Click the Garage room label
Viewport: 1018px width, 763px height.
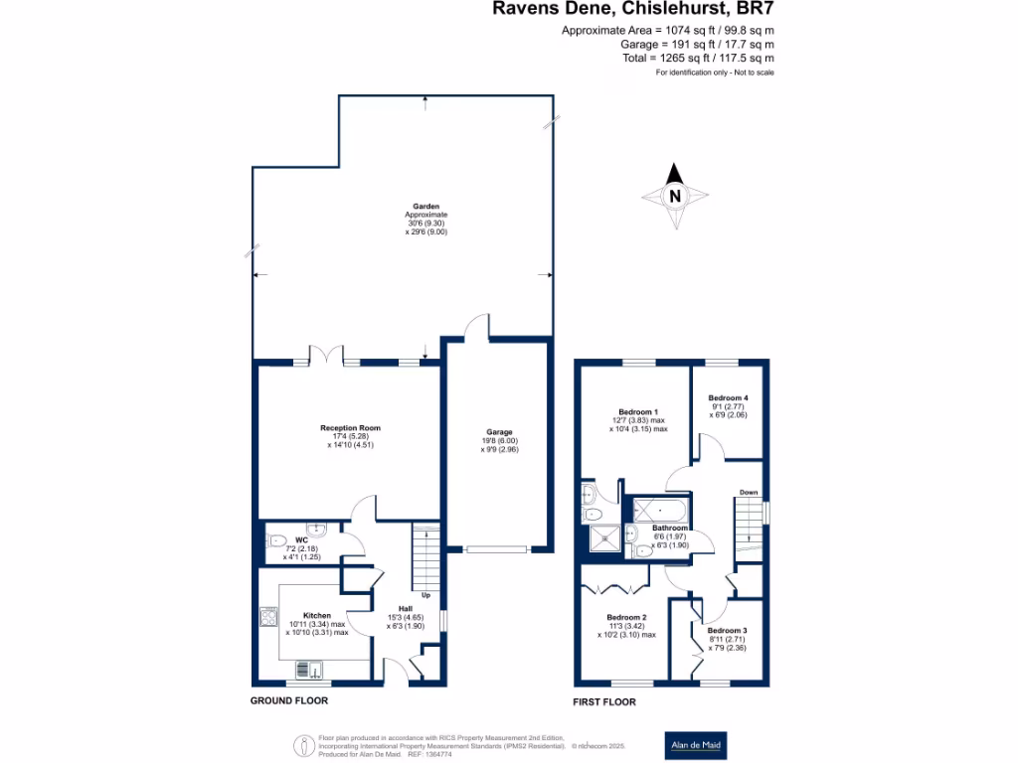tap(499, 432)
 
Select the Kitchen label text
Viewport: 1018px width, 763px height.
tap(316, 616)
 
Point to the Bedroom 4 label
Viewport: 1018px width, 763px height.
tap(728, 397)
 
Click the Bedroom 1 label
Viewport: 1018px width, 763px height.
tap(636, 411)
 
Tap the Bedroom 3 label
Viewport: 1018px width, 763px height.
tap(727, 631)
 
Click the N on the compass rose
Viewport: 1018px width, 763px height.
tap(675, 196)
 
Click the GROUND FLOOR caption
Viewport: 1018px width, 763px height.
tap(288, 700)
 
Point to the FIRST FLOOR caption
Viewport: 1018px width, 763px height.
tap(604, 701)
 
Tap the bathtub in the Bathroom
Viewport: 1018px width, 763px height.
tap(662, 510)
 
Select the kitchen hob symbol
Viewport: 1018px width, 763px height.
tap(268, 618)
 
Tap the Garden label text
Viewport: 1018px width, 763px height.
tap(426, 207)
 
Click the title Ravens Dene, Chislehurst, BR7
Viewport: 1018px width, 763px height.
tap(632, 9)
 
